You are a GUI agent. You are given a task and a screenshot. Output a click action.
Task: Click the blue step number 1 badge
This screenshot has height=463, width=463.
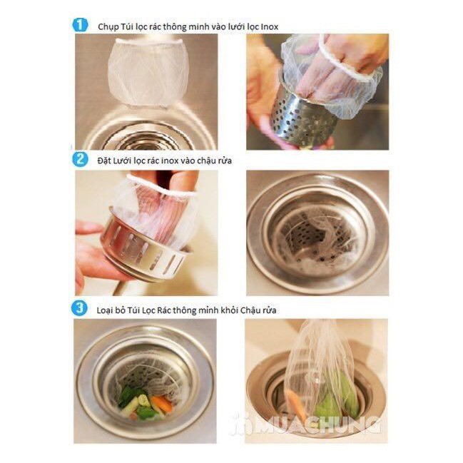tap(80, 25)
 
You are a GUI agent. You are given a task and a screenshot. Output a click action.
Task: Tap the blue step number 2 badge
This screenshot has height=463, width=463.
tap(80, 159)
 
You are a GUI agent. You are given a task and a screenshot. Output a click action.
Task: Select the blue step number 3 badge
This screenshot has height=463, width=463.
tap(79, 308)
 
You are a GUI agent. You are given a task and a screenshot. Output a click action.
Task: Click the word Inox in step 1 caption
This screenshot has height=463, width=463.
tap(269, 27)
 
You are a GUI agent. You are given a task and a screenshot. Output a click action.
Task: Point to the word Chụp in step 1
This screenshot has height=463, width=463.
tap(108, 27)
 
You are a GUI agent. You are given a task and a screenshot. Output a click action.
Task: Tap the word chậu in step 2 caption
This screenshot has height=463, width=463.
tap(207, 161)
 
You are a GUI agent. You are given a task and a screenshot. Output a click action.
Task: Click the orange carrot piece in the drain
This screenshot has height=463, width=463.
tap(162, 403)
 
